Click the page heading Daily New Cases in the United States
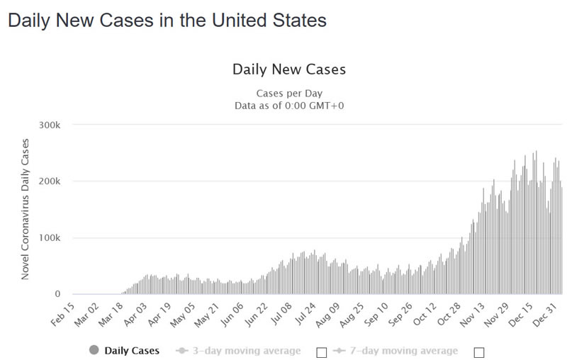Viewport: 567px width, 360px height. tap(167, 21)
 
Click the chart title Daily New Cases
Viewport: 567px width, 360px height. tap(289, 69)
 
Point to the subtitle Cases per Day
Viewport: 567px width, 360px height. tap(289, 94)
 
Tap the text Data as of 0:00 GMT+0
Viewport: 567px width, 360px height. tap(289, 106)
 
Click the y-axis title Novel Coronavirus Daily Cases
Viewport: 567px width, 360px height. tap(26, 209)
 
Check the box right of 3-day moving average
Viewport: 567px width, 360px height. tap(322, 351)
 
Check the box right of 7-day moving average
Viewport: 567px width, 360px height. tap(478, 351)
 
